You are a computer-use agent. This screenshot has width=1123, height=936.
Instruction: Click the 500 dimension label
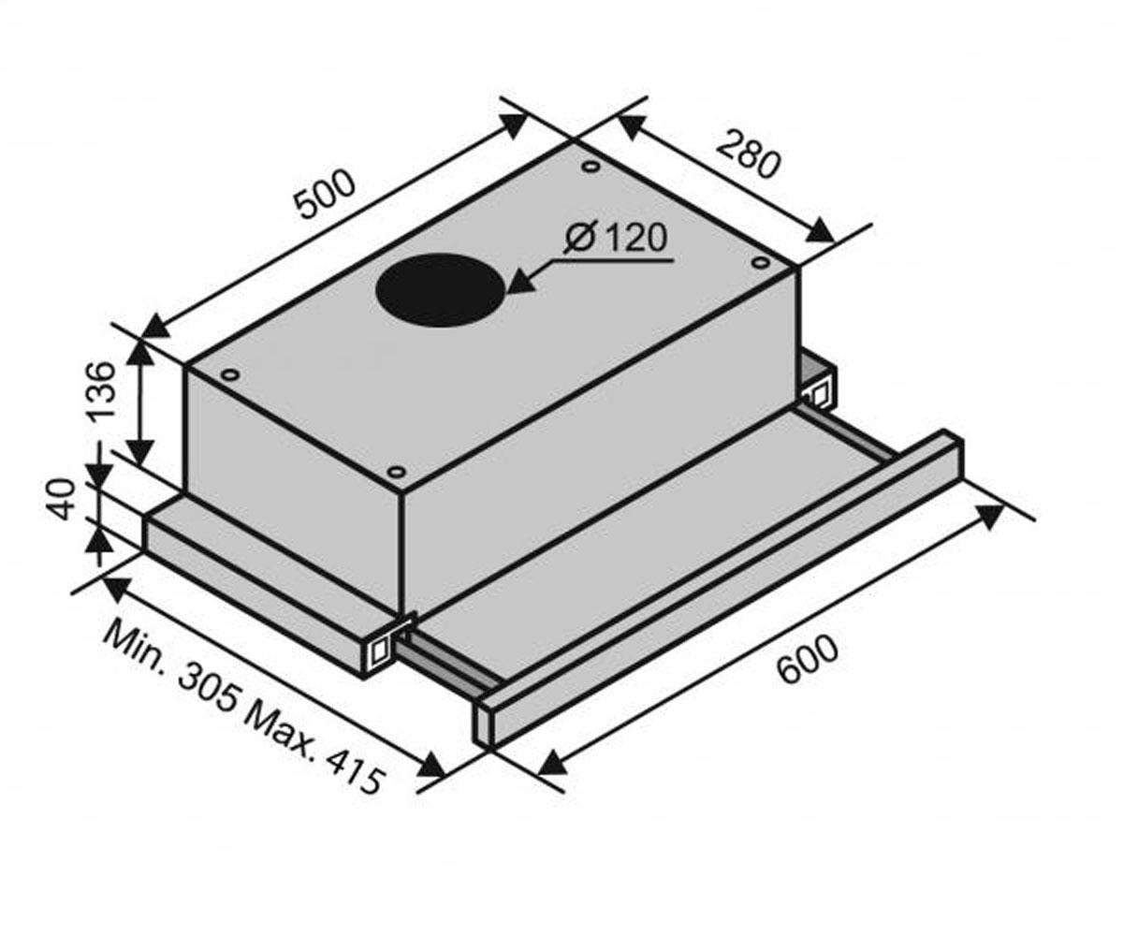pyautogui.click(x=326, y=194)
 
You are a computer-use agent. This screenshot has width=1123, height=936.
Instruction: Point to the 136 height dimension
pyautogui.click(x=102, y=390)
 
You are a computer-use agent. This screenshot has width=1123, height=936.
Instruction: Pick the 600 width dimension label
pyautogui.click(x=807, y=660)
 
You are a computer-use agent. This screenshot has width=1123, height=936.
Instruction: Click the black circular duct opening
pyautogui.click(x=441, y=290)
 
